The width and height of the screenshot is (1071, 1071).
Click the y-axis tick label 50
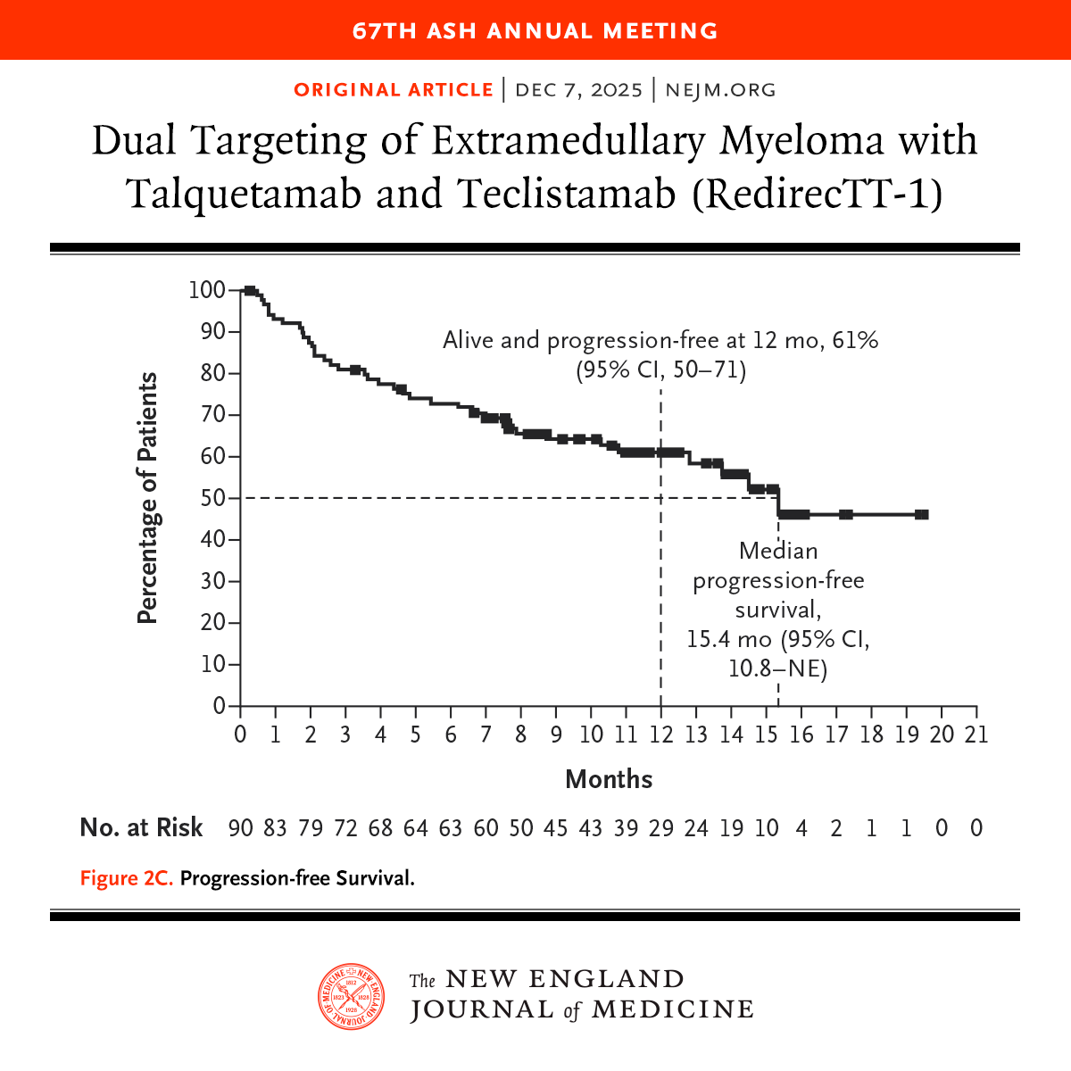coord(212,498)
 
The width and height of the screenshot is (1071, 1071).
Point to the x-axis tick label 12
coord(660,735)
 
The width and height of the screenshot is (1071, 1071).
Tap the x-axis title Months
coord(609,779)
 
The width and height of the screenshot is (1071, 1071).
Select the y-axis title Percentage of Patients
coord(147,498)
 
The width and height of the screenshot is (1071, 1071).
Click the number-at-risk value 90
coord(240,828)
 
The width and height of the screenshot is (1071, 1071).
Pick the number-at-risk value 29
coord(660,828)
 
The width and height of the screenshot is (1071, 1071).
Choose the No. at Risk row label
coord(141,828)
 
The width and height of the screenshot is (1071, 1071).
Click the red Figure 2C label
coord(126,878)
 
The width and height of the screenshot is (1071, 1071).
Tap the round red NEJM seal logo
coord(352,995)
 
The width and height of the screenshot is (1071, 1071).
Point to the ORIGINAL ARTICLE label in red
coord(393,90)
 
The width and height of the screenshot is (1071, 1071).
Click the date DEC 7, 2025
coord(578,90)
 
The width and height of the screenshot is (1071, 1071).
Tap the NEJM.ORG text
coord(720,90)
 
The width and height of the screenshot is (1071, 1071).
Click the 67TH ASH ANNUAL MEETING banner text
coord(535,30)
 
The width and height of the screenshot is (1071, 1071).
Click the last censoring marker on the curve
coord(922,514)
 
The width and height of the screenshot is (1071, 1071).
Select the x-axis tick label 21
coord(976,735)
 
